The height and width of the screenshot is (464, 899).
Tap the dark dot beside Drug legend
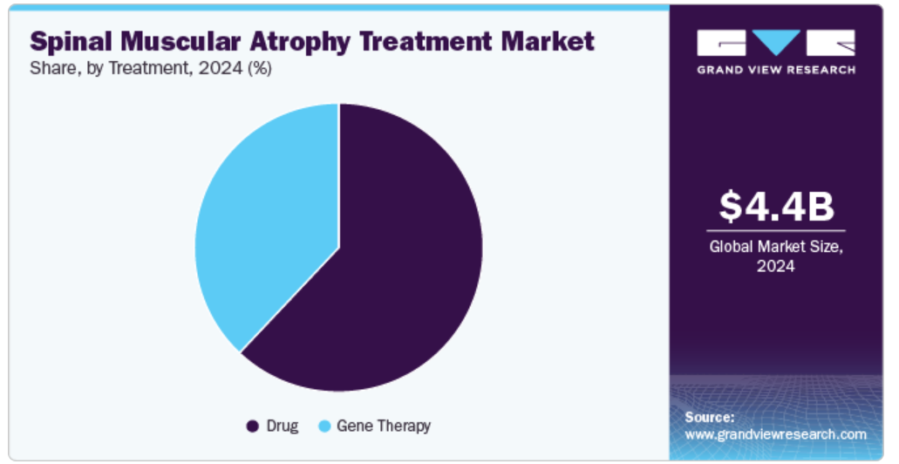(x=252, y=426)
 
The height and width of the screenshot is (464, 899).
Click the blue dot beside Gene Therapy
(x=324, y=426)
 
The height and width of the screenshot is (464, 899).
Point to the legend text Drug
(x=283, y=426)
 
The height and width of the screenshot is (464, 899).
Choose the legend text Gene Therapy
(x=384, y=426)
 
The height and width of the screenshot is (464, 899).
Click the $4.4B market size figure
(x=776, y=207)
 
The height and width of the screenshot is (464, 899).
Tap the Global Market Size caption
(x=776, y=247)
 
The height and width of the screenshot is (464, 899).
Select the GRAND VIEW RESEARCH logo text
(x=776, y=70)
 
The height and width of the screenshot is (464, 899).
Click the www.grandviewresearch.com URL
(x=776, y=434)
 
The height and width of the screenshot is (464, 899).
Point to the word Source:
(x=709, y=417)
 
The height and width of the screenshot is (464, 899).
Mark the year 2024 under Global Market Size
(x=776, y=266)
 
